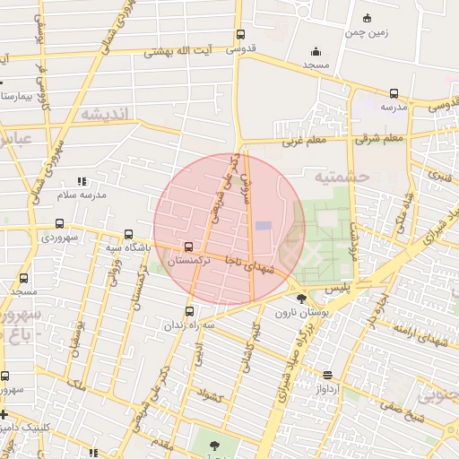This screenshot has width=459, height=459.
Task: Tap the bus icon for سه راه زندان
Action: (188, 311)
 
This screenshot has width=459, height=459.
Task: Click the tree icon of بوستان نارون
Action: (301, 298)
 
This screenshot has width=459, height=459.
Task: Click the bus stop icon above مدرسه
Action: (394, 93)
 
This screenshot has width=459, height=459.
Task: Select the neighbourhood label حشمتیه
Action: (342, 177)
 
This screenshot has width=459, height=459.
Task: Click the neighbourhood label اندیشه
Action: (105, 114)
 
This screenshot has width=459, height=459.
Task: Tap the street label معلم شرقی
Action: (380, 139)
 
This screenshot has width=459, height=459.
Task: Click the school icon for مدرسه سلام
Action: (82, 181)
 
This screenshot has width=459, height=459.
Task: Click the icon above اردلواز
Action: (328, 375)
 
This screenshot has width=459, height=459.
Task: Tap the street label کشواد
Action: (208, 394)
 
